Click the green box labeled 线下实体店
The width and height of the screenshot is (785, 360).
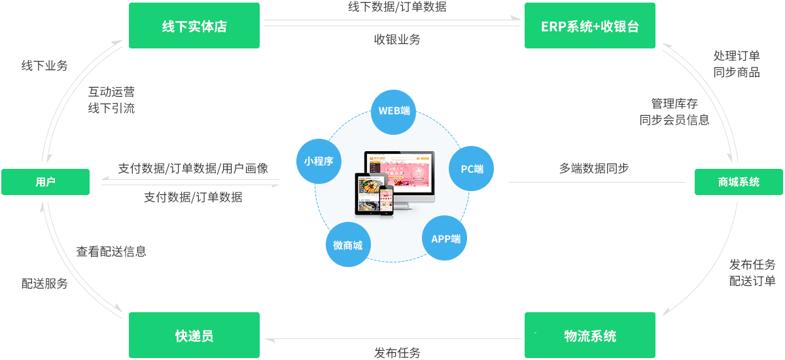[194, 26]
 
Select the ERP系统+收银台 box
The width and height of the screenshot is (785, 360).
[589, 26]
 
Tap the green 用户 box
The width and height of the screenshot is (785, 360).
[45, 182]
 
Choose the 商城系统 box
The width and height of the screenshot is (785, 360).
[739, 182]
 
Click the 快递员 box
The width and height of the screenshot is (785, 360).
[194, 336]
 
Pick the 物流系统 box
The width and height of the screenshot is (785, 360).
[589, 336]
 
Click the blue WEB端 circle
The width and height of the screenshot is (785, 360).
[394, 110]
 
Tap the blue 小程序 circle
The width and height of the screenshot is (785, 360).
[319, 160]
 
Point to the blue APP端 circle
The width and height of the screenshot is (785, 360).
[445, 238]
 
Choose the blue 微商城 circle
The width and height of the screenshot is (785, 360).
[347, 245]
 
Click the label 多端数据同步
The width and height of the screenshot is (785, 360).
[593, 168]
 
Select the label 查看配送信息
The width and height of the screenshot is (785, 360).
[111, 251]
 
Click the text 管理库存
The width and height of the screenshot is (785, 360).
[674, 103]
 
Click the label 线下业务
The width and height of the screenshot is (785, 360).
[44, 65]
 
